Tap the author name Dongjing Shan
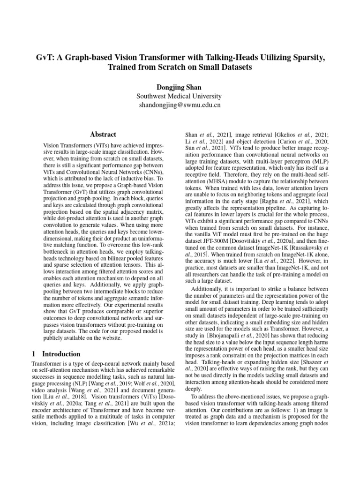pos(180,87)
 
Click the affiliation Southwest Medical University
pos(180,96)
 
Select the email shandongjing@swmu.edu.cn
pos(180,105)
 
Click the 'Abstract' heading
pos(103,134)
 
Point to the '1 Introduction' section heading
pos(56,354)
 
